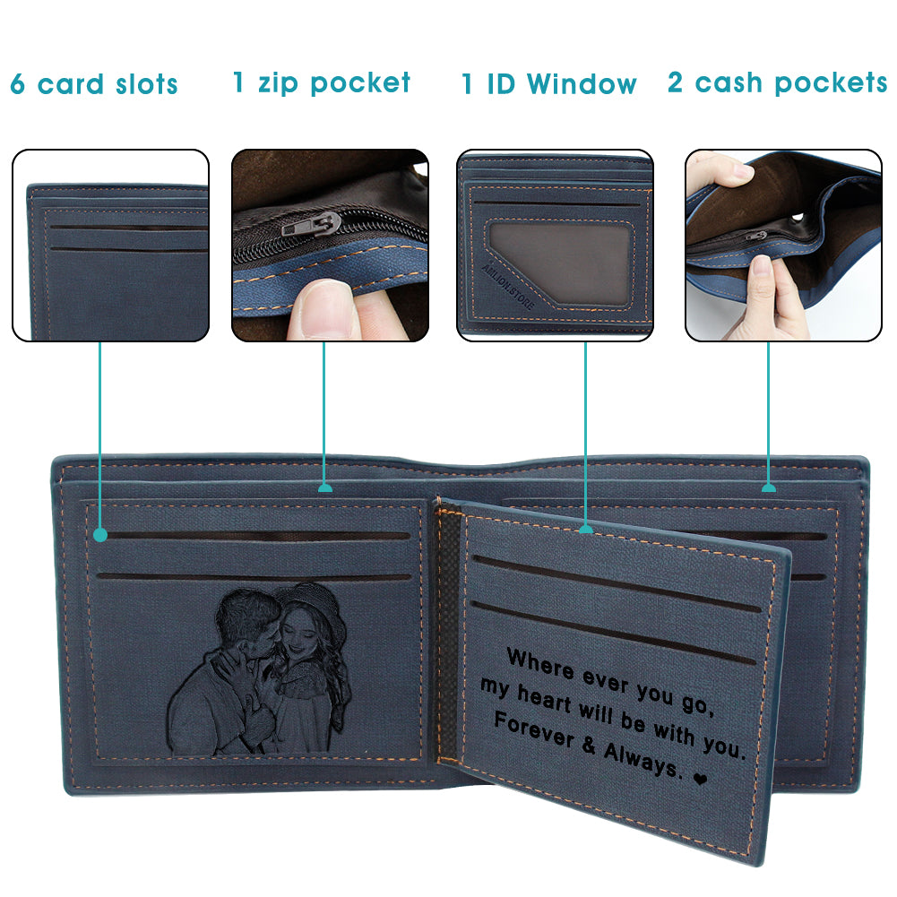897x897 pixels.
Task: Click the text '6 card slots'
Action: click(94, 84)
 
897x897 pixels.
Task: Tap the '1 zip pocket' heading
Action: click(322, 83)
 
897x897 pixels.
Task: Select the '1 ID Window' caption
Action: click(549, 84)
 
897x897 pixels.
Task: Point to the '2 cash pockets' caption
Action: click(778, 83)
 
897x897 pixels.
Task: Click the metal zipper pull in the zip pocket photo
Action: click(313, 225)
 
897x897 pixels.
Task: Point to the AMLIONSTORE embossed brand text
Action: click(508, 286)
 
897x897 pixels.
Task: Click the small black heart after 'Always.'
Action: click(700, 779)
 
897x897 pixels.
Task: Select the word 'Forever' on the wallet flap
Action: click(533, 729)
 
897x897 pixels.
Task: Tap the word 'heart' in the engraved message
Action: click(544, 700)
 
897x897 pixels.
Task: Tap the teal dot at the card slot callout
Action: click(100, 535)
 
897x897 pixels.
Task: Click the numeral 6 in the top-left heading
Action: click(18, 84)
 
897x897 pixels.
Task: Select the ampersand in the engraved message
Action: click(590, 745)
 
